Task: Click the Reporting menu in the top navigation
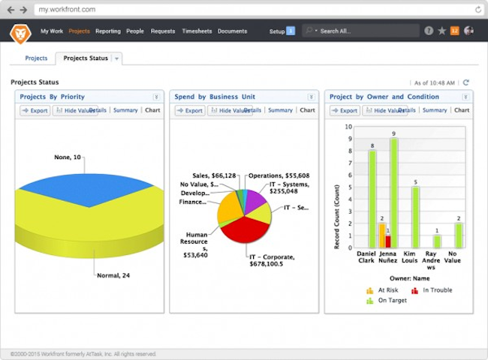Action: click(x=107, y=31)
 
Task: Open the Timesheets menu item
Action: click(x=197, y=31)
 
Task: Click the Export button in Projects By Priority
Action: click(x=35, y=111)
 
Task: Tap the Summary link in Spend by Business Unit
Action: click(x=280, y=110)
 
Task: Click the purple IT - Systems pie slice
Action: click(x=255, y=201)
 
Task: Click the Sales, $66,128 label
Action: click(x=214, y=175)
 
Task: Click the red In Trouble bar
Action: click(x=388, y=241)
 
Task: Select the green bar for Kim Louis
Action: click(x=415, y=217)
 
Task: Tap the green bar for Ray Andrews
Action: click(x=437, y=241)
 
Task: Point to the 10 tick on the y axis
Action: click(x=348, y=127)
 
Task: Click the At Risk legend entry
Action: click(x=385, y=290)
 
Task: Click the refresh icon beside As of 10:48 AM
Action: click(x=466, y=82)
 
